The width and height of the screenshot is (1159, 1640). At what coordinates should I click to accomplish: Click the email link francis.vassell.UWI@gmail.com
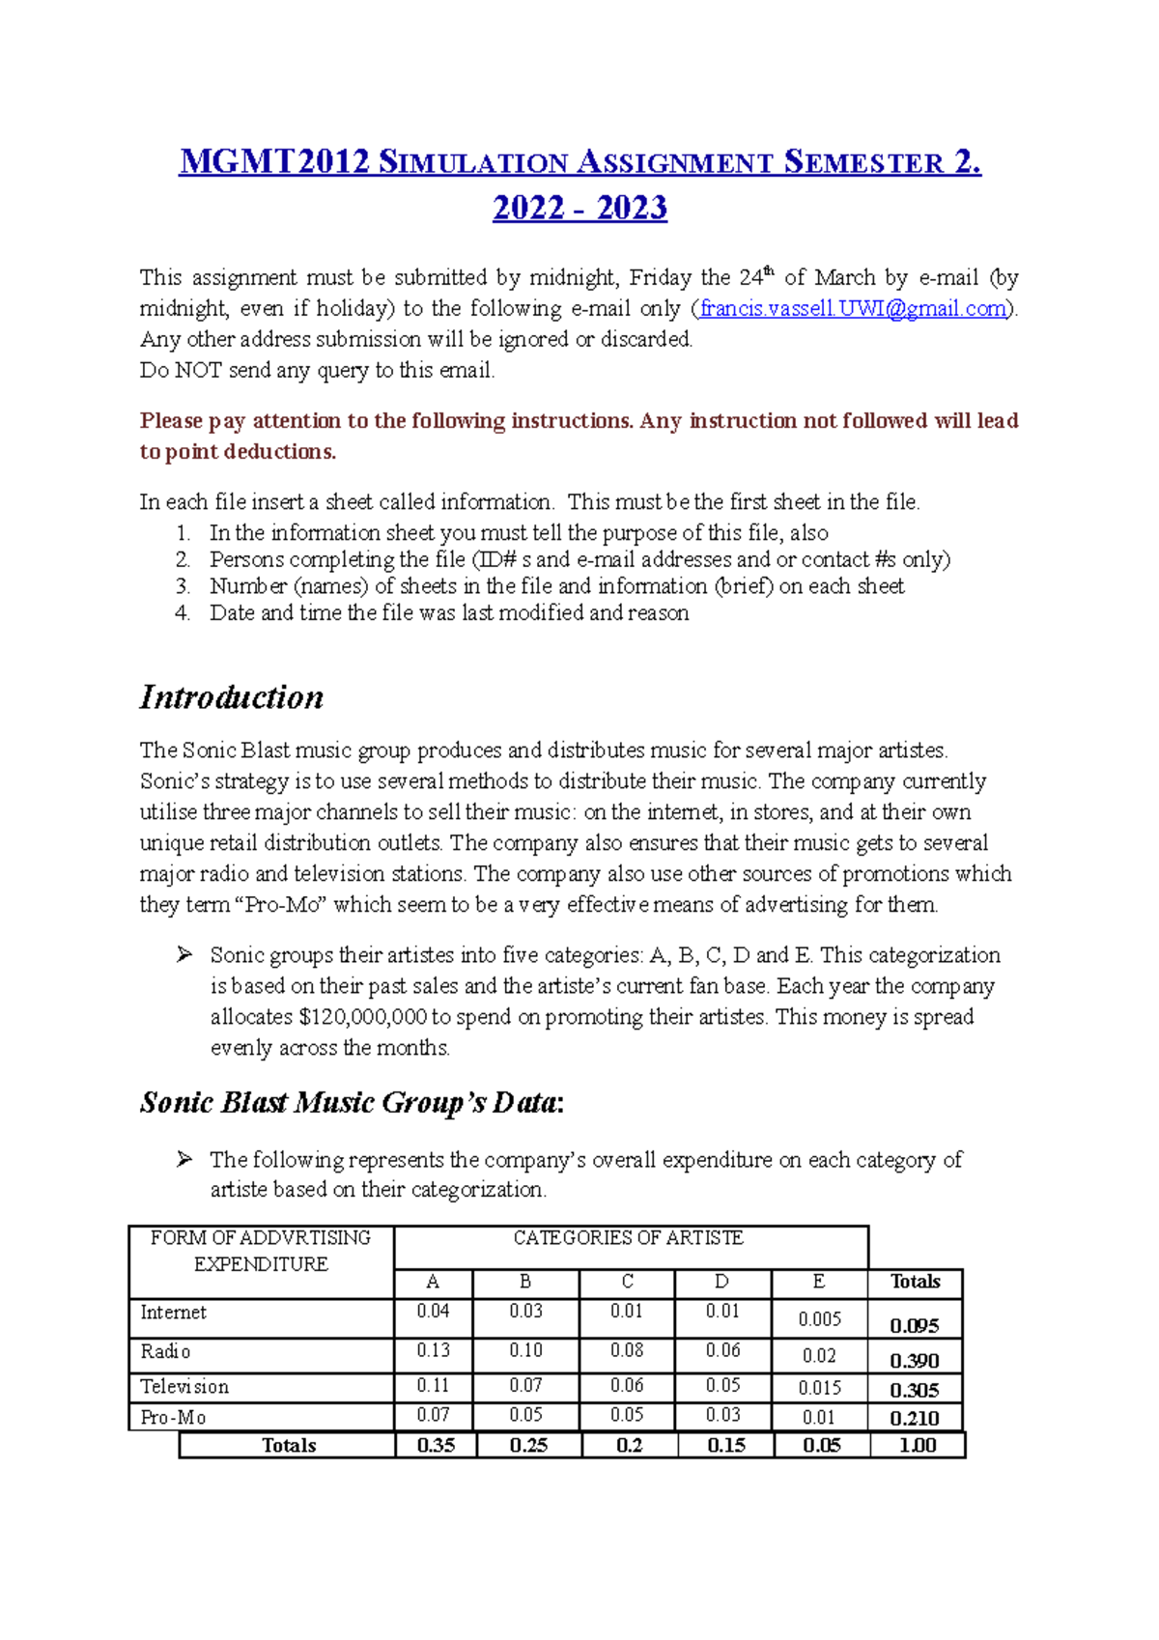pyautogui.click(x=852, y=309)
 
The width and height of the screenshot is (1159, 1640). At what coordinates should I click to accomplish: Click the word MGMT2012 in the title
pyautogui.click(x=275, y=162)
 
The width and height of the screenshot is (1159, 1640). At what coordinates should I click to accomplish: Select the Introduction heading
pyautogui.click(x=232, y=697)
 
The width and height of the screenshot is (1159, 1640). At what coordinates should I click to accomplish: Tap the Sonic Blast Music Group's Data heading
pyautogui.click(x=352, y=1102)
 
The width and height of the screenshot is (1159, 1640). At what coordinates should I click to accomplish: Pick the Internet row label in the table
pyautogui.click(x=173, y=1313)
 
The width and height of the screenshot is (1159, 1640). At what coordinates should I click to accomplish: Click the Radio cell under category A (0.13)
pyautogui.click(x=433, y=1350)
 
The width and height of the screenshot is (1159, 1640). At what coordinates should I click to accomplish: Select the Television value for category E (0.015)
pyautogui.click(x=819, y=1388)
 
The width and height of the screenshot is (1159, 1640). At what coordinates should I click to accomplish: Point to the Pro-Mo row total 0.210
pyautogui.click(x=914, y=1418)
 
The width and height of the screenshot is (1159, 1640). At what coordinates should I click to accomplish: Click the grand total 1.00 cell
pyautogui.click(x=917, y=1446)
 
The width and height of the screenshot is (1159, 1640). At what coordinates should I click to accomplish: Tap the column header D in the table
pyautogui.click(x=721, y=1282)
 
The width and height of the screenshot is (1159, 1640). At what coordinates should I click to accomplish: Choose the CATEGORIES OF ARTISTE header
pyautogui.click(x=628, y=1238)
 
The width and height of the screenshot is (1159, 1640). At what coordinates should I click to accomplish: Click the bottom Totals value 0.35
pyautogui.click(x=436, y=1446)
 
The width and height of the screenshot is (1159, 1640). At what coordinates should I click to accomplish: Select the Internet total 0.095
pyautogui.click(x=914, y=1326)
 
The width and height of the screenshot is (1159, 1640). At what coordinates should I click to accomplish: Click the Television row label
pyautogui.click(x=184, y=1387)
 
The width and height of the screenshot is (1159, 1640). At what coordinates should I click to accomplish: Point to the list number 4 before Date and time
pyautogui.click(x=183, y=613)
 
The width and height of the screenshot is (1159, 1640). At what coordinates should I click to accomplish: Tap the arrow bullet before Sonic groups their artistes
pyautogui.click(x=184, y=955)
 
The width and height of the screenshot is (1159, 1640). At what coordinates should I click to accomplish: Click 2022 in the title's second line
pyautogui.click(x=528, y=209)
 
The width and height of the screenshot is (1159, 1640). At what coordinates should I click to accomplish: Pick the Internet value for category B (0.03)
pyautogui.click(x=525, y=1312)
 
